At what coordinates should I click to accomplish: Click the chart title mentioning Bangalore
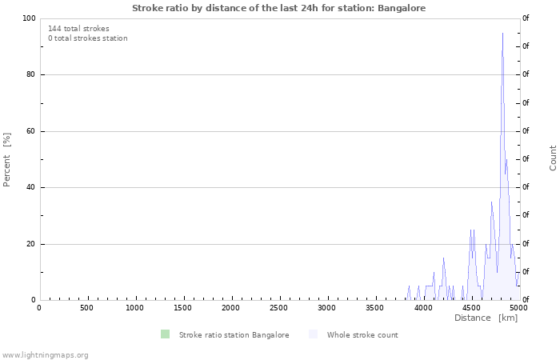point(279,8)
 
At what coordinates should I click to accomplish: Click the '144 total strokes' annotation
point(78,29)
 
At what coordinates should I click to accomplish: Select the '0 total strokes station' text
point(87,38)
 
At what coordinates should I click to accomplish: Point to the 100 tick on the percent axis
point(29,18)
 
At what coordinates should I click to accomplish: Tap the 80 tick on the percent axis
point(31,74)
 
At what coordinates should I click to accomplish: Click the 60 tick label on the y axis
point(31,131)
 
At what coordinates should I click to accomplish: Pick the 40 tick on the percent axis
point(31,187)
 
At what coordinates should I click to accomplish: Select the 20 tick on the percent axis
point(31,244)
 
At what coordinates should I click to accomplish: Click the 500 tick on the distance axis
point(86,308)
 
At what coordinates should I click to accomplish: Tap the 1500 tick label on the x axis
point(183,308)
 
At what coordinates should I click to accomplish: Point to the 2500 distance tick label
point(279,308)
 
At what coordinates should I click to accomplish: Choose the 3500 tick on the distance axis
point(375,308)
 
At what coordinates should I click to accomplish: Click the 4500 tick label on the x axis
point(471,308)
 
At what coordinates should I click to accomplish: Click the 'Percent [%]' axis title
point(7,159)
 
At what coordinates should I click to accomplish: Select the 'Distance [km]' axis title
point(486,318)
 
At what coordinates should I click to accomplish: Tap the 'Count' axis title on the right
point(553,158)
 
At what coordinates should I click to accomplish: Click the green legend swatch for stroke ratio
point(165,334)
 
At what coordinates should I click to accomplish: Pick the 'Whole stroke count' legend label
point(362,334)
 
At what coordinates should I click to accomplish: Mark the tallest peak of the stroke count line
point(502,34)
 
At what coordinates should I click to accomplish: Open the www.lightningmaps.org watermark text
point(45,354)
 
